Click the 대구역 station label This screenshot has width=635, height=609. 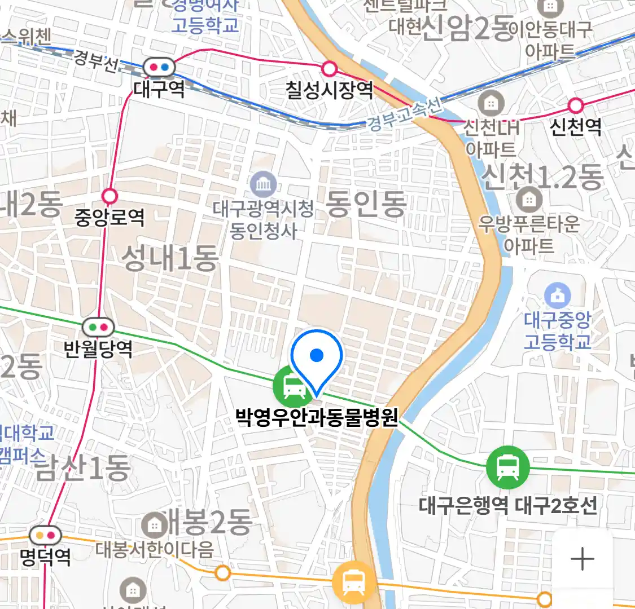tap(159, 89)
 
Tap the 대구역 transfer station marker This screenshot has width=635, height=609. tap(159, 68)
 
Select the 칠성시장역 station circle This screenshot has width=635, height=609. tap(329, 69)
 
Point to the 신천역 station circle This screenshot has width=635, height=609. tap(576, 105)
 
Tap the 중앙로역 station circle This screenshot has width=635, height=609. tap(110, 196)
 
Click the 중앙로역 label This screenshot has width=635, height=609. tap(110, 218)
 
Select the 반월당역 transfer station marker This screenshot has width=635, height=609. tap(98, 327)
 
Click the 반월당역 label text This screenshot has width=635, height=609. tap(98, 349)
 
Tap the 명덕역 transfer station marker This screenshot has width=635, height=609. tap(45, 535)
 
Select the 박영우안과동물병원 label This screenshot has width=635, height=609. tap(317, 418)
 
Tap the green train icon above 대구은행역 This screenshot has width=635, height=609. tap(508, 467)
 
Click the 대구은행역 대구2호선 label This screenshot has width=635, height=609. tap(508, 505)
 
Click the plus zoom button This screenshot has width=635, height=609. tap(582, 559)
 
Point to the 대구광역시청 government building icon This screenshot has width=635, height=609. tap(263, 184)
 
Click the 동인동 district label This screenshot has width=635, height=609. tap(366, 204)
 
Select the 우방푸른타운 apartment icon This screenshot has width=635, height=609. tap(529, 198)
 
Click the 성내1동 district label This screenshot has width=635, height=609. tap(170, 259)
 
